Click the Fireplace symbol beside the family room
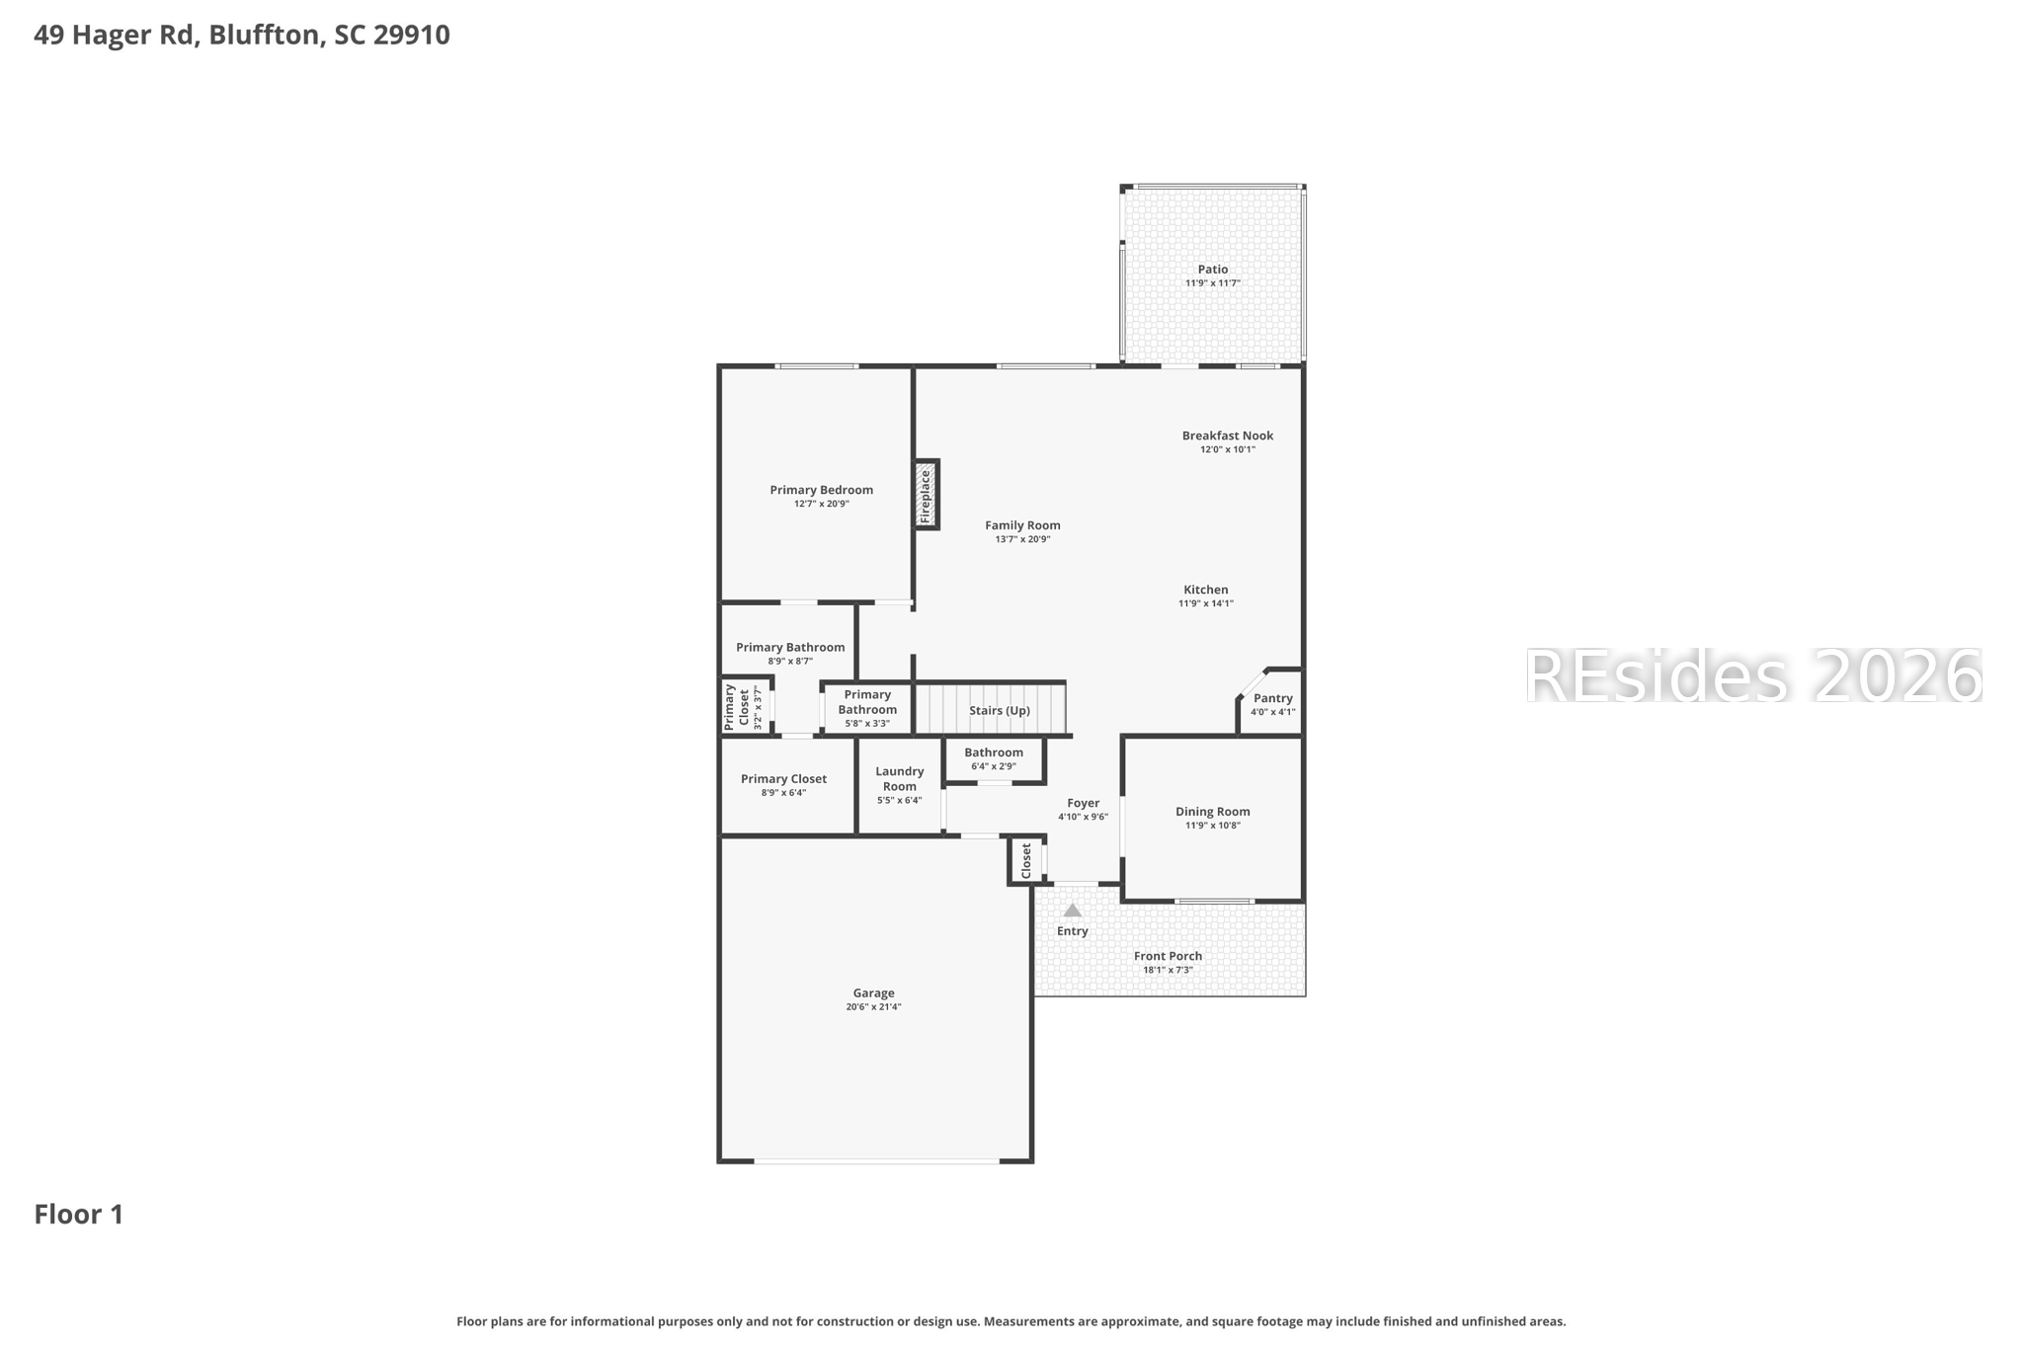(x=926, y=495)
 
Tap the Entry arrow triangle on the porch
(x=1072, y=910)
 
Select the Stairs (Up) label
(x=999, y=710)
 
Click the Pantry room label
(x=1272, y=698)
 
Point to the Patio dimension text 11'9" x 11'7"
(x=1212, y=283)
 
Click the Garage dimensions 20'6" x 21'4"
(x=873, y=1007)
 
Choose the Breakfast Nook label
(x=1227, y=436)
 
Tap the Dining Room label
(x=1212, y=812)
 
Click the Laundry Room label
(x=899, y=779)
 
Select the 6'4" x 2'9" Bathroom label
(x=993, y=753)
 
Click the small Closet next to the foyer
(x=1025, y=860)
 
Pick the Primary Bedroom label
(x=821, y=490)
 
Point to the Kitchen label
(x=1205, y=590)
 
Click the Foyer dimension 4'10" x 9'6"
(x=1083, y=817)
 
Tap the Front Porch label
(x=1168, y=956)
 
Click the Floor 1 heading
(x=79, y=1215)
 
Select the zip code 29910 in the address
(x=411, y=35)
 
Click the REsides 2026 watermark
(x=1752, y=676)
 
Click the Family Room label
(x=1022, y=525)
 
